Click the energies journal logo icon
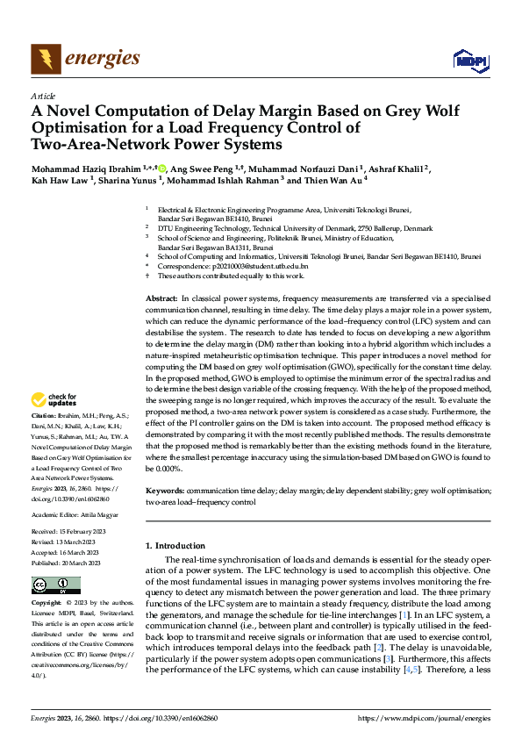tap(46, 59)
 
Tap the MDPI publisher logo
tap(469, 59)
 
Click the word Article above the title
tap(43, 96)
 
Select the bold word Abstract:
tap(161, 299)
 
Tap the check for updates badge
tap(55, 399)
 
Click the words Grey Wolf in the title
tap(340, 111)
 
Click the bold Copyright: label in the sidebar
tap(46, 604)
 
